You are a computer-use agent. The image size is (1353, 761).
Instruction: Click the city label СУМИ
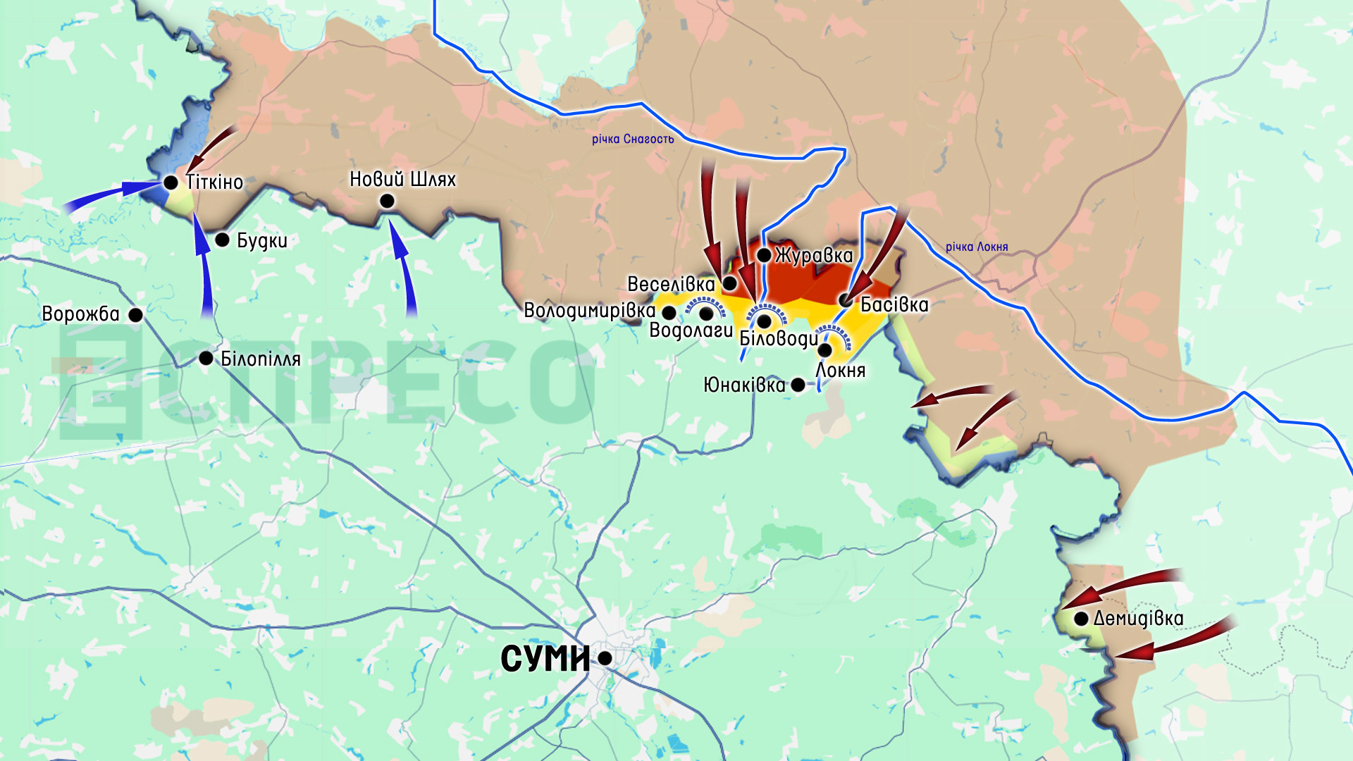[545, 659]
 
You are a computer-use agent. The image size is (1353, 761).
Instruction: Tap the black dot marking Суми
[605, 658]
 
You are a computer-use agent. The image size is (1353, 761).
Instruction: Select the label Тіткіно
[215, 182]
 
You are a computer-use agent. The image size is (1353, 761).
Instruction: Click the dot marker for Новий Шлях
[387, 202]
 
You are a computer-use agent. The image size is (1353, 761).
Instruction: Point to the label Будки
[262, 240]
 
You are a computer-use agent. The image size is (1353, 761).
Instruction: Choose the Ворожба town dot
[136, 315]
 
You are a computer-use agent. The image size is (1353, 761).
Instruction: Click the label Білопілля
[261, 359]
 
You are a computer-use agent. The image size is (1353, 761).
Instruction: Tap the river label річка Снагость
[633, 140]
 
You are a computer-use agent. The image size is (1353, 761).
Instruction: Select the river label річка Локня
[977, 247]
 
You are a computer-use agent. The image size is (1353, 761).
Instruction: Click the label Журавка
[814, 255]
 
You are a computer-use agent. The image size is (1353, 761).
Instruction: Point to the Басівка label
[894, 304]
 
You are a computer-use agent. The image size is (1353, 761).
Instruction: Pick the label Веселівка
[671, 284]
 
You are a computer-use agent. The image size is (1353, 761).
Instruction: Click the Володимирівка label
[589, 311]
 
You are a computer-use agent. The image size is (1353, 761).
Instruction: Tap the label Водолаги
[691, 330]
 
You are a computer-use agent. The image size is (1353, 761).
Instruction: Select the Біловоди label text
[779, 338]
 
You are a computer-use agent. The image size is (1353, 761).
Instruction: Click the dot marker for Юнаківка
[798, 385]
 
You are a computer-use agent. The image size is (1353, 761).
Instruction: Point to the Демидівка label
[1138, 619]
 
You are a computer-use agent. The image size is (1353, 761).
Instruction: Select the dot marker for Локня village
[825, 349]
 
